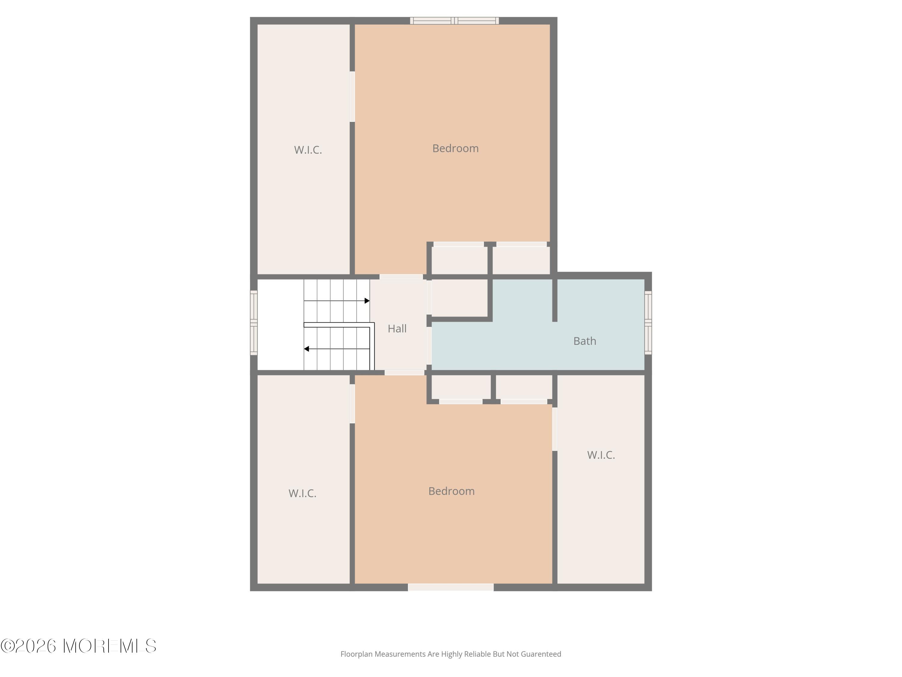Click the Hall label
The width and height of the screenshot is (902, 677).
point(397,329)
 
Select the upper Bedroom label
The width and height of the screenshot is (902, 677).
point(455,148)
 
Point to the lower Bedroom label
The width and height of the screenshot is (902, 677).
point(451,491)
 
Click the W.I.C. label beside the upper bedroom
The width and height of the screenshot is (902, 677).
point(308,150)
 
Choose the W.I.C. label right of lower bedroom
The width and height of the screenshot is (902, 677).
point(601,455)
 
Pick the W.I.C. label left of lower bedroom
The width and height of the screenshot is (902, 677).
point(302,493)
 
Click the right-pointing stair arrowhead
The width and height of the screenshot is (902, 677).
point(367,301)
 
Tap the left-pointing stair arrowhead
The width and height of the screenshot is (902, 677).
point(306,349)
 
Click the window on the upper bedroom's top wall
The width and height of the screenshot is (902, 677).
point(454,20)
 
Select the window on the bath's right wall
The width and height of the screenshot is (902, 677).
point(648,322)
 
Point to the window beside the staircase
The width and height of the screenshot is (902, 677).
point(254,322)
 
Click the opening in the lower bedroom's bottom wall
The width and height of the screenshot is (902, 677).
point(451,587)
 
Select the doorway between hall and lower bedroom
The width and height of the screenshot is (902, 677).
point(404,373)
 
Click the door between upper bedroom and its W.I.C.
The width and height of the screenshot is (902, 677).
point(352,97)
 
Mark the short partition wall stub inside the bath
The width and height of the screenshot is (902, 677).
point(554,300)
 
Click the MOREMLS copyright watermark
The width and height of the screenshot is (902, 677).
point(78,646)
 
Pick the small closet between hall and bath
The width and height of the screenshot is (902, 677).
point(459,298)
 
